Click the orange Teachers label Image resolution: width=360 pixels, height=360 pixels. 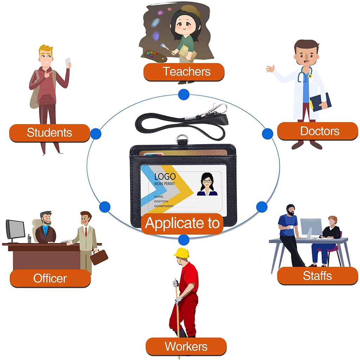click(x=184, y=72)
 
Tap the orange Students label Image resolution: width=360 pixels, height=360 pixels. click(x=50, y=133)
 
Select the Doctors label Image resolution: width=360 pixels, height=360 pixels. click(x=317, y=131)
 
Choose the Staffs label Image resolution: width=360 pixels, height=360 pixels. click(x=317, y=276)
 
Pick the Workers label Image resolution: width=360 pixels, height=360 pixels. click(x=186, y=346)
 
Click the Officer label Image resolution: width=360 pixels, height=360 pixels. click(x=50, y=278)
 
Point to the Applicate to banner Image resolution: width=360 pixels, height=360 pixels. click(x=182, y=223)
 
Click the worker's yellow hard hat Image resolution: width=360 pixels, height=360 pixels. click(x=182, y=252)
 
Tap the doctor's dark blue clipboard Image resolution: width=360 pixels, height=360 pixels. click(x=321, y=102)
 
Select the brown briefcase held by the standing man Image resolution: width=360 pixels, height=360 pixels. click(x=99, y=257)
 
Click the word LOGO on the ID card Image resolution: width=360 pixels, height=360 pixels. click(x=165, y=176)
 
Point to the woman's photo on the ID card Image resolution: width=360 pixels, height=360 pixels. click(x=207, y=184)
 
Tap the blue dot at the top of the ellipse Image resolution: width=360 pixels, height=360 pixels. click(x=184, y=94)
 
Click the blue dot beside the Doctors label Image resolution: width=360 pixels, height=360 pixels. click(x=268, y=134)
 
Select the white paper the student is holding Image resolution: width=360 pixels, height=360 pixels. click(x=68, y=63)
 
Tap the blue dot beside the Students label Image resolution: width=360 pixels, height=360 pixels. click(x=96, y=134)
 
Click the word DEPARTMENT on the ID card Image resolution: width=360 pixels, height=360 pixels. click(x=164, y=206)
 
